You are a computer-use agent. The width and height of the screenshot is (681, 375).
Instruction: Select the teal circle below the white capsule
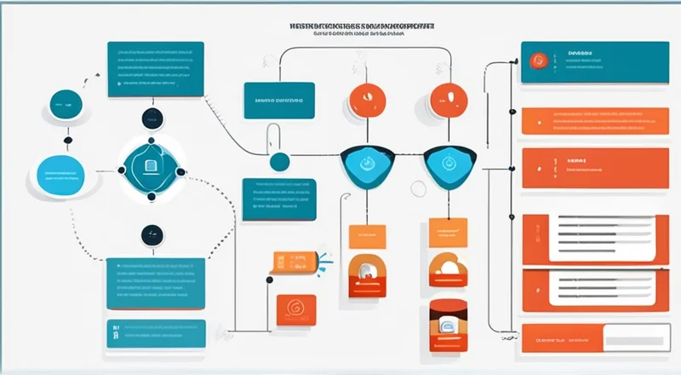click(279, 160)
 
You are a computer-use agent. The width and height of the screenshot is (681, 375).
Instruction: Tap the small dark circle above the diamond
click(151, 118)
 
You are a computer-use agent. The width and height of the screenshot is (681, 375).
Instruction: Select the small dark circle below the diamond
click(152, 232)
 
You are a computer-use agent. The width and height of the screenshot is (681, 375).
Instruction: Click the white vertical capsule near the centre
click(273, 136)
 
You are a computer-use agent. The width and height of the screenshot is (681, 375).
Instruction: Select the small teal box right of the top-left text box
click(278, 100)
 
